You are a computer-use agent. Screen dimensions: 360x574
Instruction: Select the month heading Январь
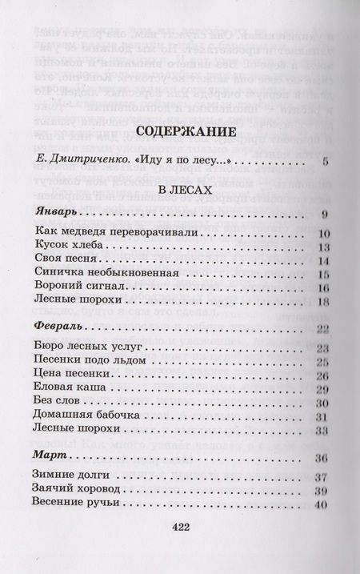click(58, 215)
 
